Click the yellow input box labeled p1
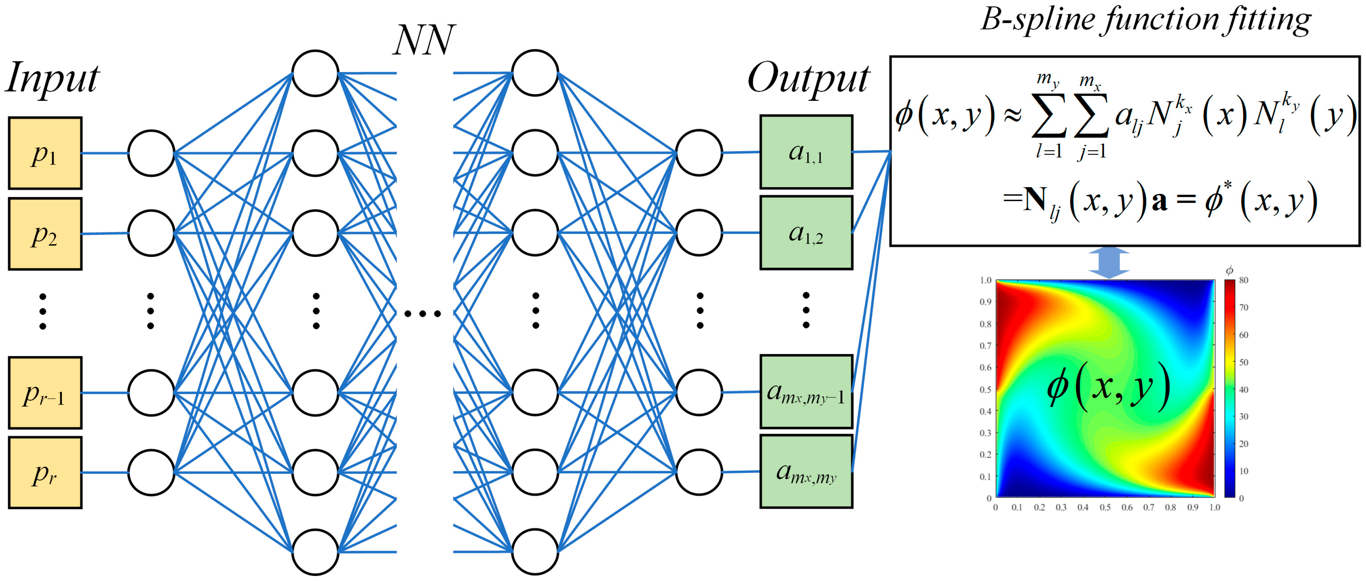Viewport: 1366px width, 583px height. [45, 153]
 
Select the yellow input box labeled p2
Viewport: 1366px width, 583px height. [45, 234]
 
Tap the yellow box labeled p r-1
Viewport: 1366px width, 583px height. [45, 392]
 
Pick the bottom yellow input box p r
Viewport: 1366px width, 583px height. [45, 473]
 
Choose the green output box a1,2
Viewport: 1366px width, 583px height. [806, 233]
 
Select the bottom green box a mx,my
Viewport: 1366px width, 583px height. [806, 471]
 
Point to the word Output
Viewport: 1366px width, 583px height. [808, 79]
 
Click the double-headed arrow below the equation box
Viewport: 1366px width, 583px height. [1109, 262]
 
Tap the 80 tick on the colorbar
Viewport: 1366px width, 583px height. [1243, 280]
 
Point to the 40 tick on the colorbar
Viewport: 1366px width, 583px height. [1243, 390]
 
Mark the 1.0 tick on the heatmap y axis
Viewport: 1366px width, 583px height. [985, 280]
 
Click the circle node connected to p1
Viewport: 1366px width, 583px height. [151, 153]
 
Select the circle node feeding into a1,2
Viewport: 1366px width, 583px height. [699, 233]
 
